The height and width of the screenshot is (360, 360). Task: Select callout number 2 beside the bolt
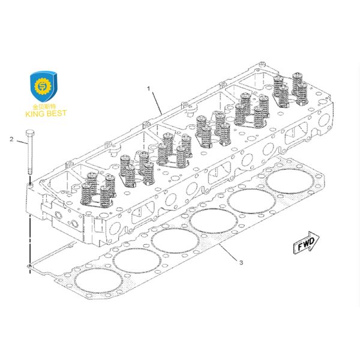pyautogui.click(x=11, y=139)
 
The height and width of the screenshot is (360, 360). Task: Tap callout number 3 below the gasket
pyautogui.click(x=241, y=262)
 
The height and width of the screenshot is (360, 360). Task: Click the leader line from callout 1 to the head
pyautogui.click(x=156, y=100)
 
